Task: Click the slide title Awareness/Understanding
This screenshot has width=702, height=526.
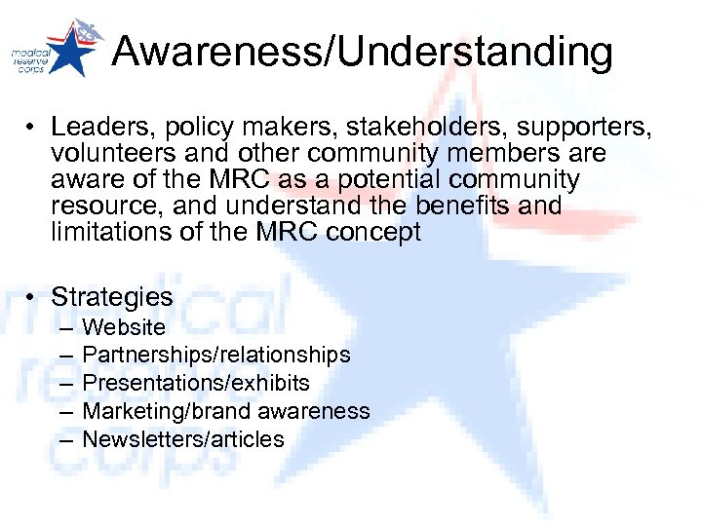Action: [362, 52]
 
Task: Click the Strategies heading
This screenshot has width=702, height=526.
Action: [111, 297]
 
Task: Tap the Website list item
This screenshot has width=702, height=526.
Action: [124, 327]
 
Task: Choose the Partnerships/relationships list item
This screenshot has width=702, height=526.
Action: [215, 356]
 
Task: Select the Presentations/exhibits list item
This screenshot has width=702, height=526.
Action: [195, 383]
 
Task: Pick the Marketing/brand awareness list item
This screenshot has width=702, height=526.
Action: [225, 411]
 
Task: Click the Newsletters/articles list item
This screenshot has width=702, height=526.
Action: [182, 439]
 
